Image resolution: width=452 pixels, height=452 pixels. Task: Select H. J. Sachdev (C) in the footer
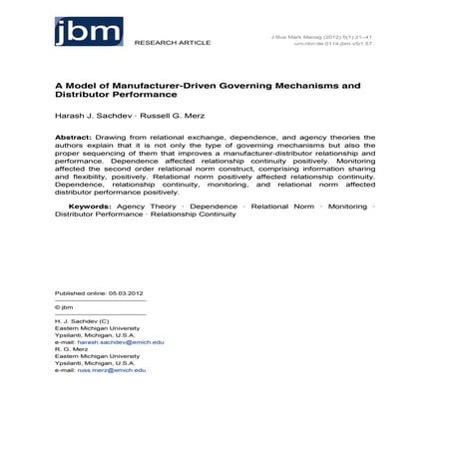82,321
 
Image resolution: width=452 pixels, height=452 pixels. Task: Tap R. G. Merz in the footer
72,349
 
